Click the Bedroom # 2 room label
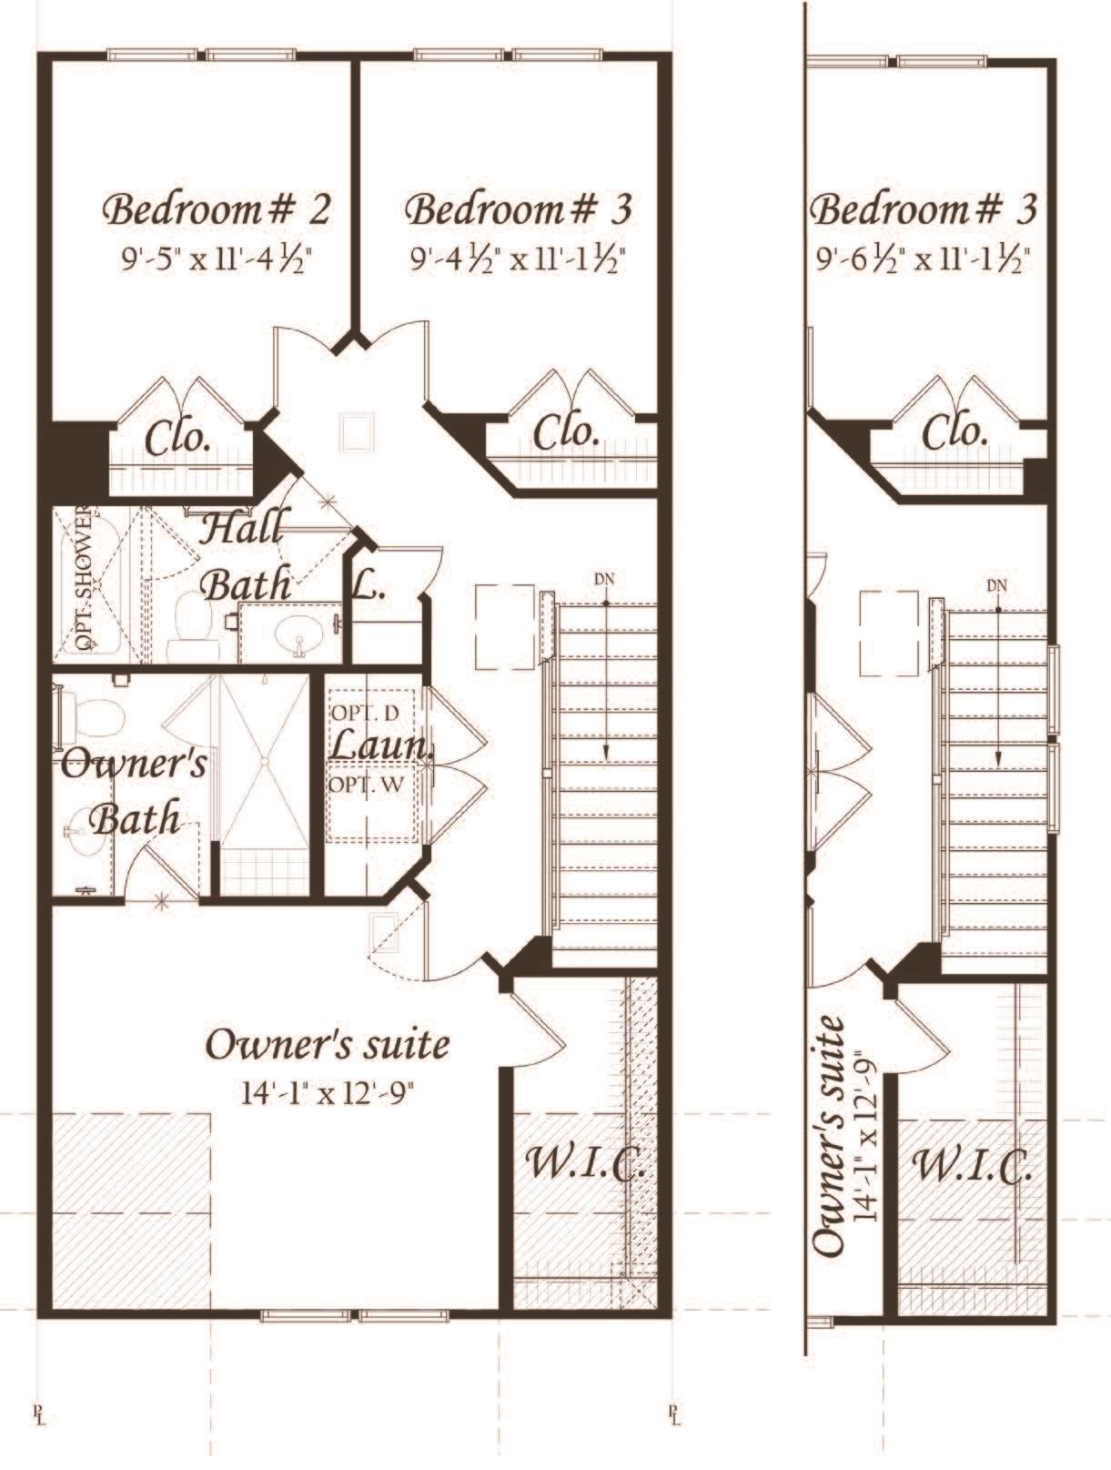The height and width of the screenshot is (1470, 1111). click(217, 210)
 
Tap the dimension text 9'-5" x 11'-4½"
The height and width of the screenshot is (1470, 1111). click(218, 259)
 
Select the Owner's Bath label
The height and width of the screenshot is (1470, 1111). click(133, 791)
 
